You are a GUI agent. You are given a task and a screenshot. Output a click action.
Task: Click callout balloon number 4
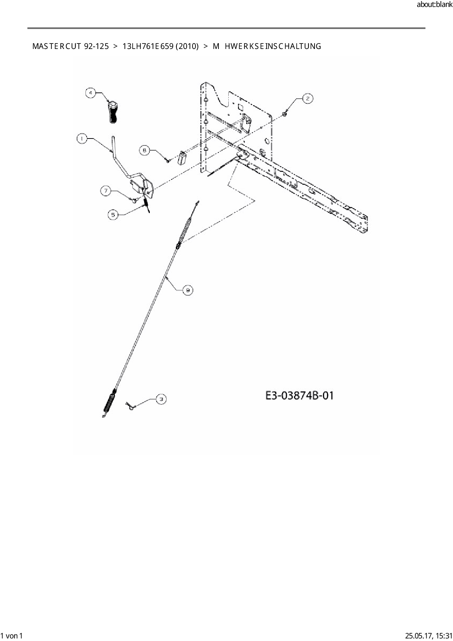[x=91, y=93]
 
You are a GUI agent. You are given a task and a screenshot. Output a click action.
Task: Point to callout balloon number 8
[x=145, y=150]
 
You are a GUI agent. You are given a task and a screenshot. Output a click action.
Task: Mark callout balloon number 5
[x=113, y=215]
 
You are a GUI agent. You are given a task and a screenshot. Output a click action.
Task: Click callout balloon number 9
[x=188, y=290]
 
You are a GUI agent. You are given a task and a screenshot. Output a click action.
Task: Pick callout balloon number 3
[x=161, y=399]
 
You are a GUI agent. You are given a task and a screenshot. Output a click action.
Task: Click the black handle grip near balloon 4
[x=113, y=113]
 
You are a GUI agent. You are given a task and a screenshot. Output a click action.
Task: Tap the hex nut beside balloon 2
[x=285, y=115]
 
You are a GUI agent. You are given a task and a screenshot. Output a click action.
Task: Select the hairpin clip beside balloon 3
[x=130, y=406]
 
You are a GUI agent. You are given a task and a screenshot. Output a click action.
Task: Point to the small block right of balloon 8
[x=182, y=159]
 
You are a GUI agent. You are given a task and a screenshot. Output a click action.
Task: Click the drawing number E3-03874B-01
[x=299, y=395]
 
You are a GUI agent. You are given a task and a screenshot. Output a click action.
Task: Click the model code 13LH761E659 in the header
[x=148, y=46]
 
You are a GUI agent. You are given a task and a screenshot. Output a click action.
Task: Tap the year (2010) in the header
[x=187, y=46]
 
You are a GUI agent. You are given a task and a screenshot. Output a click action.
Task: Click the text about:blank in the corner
[x=434, y=5]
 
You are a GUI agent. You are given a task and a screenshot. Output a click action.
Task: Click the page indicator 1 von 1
[x=12, y=636]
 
